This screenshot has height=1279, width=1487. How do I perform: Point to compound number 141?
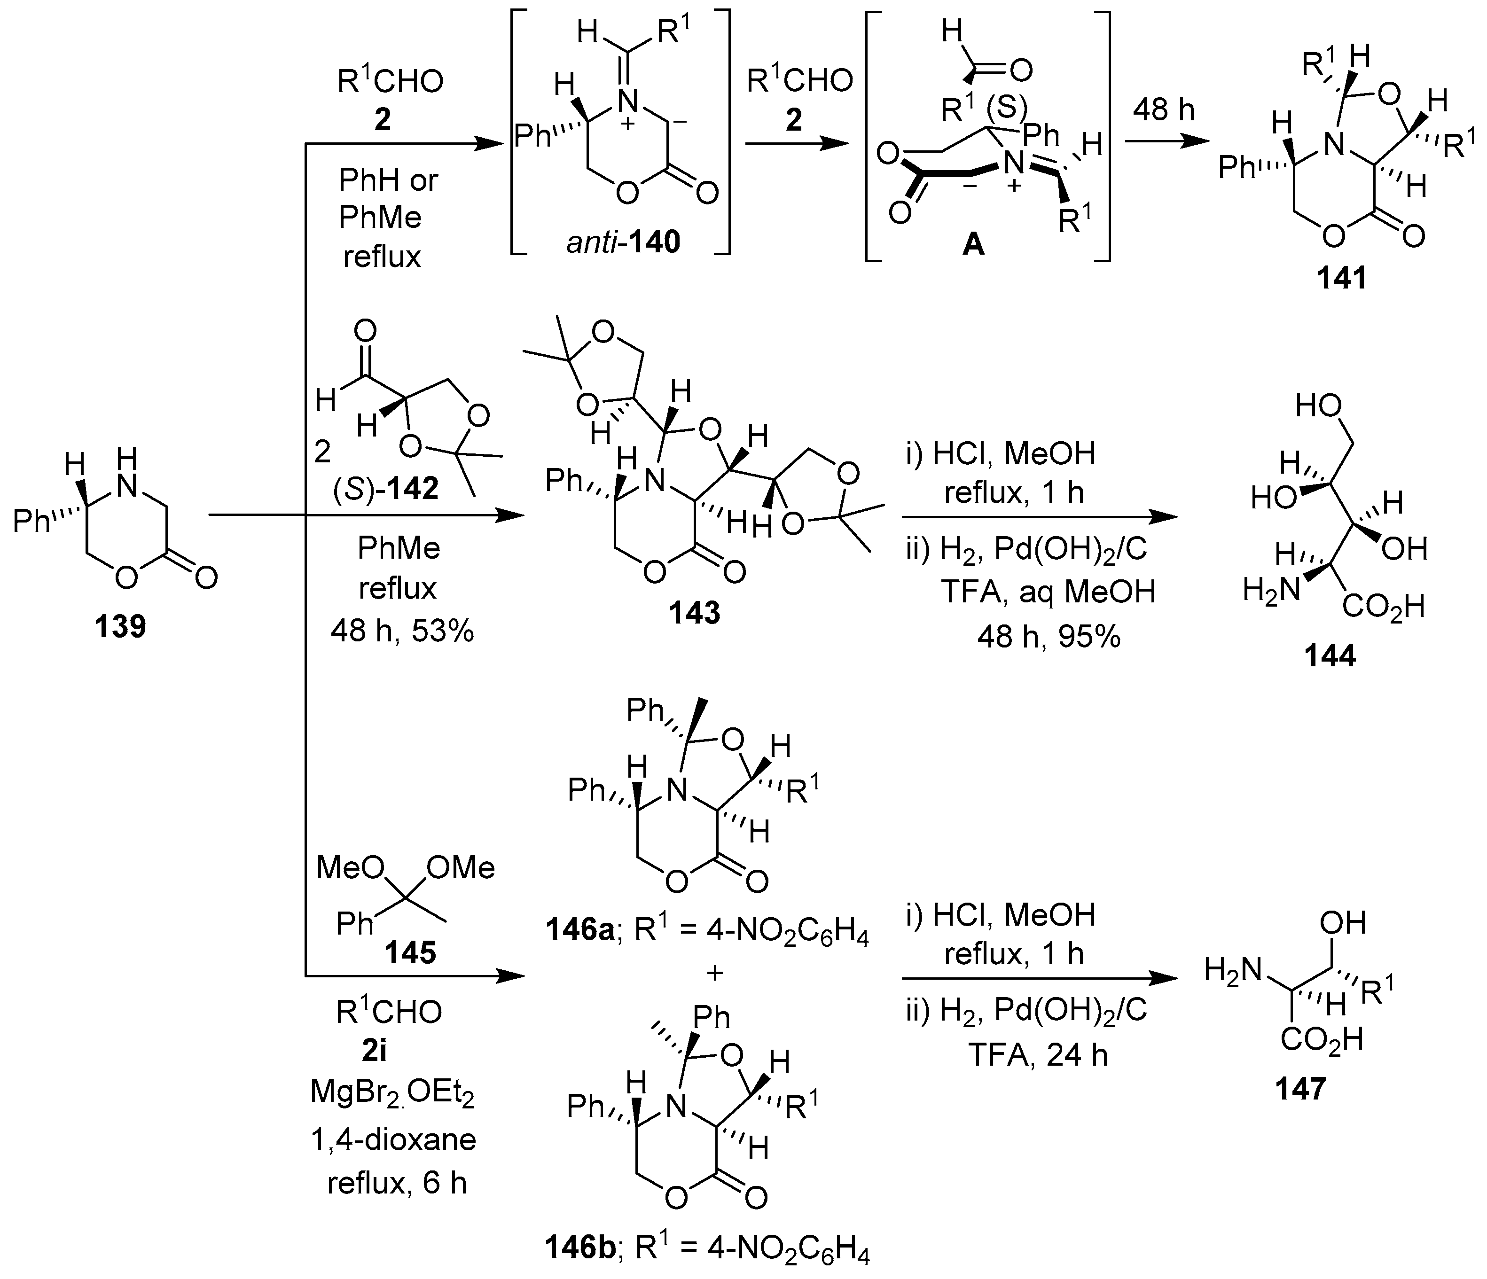pos(1341,278)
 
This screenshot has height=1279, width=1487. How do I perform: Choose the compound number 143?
pos(694,613)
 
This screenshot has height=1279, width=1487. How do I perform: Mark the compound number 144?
pos(1330,655)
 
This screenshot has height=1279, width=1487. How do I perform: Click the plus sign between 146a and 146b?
pos(715,974)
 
